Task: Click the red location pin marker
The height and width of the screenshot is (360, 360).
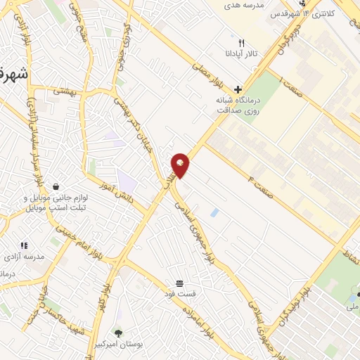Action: pos(181,165)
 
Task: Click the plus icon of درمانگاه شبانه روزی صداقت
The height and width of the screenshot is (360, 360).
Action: pos(238,89)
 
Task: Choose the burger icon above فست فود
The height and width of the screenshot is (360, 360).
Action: pos(181,283)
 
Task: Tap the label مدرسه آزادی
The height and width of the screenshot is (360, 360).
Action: pos(25,257)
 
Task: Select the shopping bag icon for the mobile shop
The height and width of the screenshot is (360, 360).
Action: pos(55,186)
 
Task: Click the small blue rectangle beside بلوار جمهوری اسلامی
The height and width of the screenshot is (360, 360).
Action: pos(214,212)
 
